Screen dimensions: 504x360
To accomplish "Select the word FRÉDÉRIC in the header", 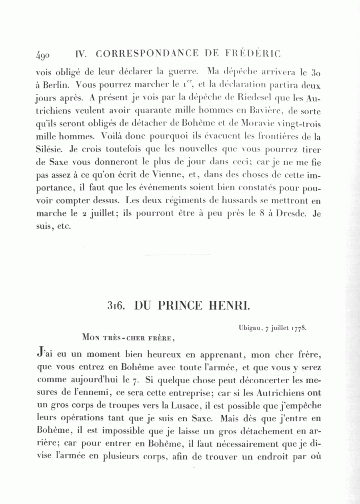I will (x=252, y=54).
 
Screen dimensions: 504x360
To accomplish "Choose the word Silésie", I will (x=48, y=149).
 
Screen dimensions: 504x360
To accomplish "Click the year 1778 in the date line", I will (x=299, y=328).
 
